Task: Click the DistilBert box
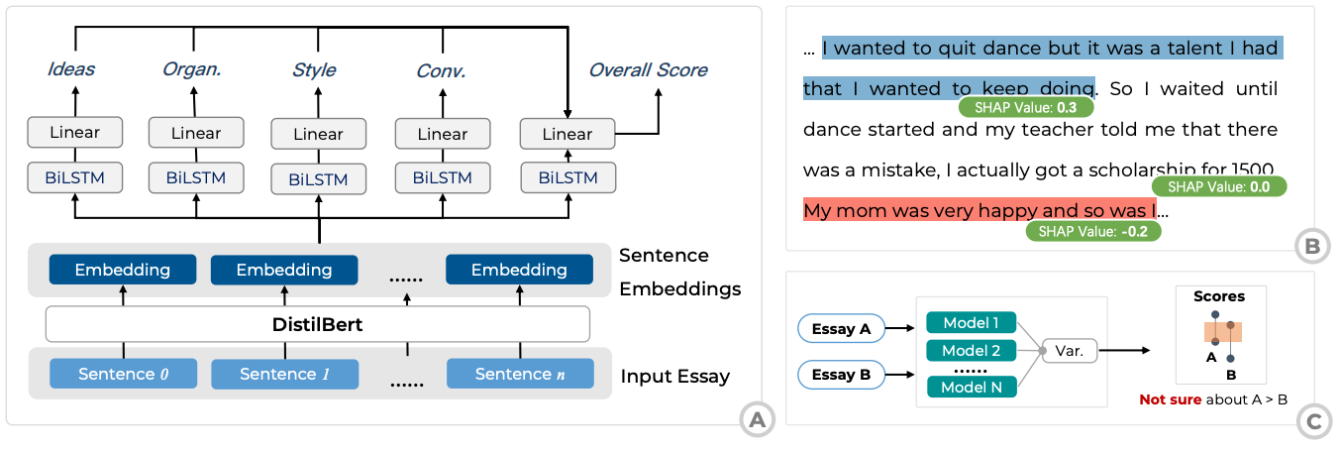(x=317, y=324)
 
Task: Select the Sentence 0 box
(x=124, y=374)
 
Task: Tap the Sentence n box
(x=520, y=374)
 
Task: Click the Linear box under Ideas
(x=75, y=133)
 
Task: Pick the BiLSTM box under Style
(x=319, y=179)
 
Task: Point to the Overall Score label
(x=648, y=70)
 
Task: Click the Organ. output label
(x=192, y=69)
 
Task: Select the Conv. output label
(x=441, y=71)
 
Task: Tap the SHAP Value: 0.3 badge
(x=1026, y=107)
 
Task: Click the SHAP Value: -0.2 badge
(x=1093, y=231)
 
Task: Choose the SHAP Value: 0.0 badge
(x=1219, y=186)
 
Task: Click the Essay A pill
(x=841, y=328)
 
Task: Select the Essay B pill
(x=841, y=375)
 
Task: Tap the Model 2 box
(x=971, y=350)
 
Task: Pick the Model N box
(x=971, y=387)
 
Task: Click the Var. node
(x=1070, y=350)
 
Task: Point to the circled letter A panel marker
(x=758, y=420)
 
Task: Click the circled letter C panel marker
(x=1314, y=421)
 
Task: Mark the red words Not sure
(x=1170, y=399)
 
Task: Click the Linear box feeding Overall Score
(x=567, y=134)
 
